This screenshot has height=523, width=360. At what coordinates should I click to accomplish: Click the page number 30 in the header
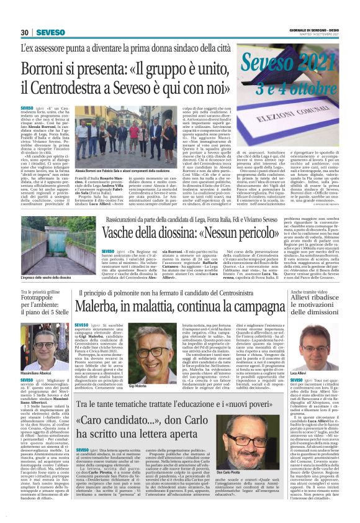click(24, 32)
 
